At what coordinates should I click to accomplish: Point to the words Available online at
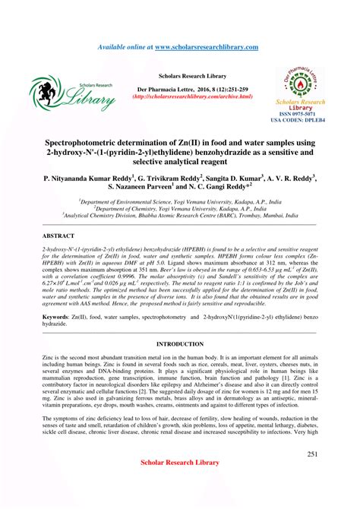[x=125, y=47]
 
